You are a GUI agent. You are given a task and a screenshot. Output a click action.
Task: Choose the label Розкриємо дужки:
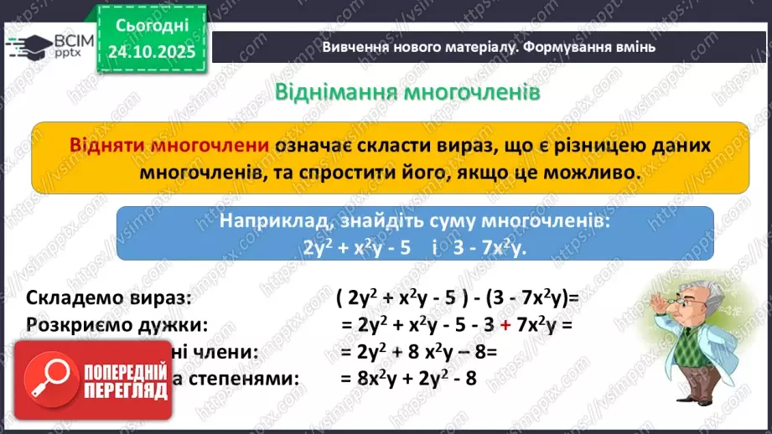pos(117,324)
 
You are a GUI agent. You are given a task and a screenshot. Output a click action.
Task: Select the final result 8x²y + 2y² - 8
pos(408,378)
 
